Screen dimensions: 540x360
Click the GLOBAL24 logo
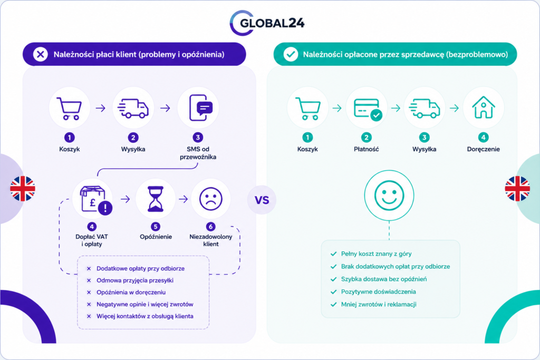click(x=267, y=23)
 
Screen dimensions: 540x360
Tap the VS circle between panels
click(x=262, y=200)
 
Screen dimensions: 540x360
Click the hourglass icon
click(x=156, y=199)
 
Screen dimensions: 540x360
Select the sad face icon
click(x=211, y=199)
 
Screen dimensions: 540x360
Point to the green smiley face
click(x=389, y=195)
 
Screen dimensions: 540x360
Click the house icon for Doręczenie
click(x=484, y=108)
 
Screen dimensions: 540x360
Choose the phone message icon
click(x=200, y=108)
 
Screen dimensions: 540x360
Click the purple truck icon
click(x=133, y=109)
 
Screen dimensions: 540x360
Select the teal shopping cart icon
click(x=308, y=109)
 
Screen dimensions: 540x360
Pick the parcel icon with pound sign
click(x=96, y=200)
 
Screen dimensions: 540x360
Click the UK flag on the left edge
click(x=23, y=189)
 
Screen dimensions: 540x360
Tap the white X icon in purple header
click(x=41, y=54)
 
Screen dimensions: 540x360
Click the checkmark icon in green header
click(x=291, y=54)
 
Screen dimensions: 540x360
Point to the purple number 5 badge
click(x=156, y=227)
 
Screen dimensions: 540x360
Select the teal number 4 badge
click(x=484, y=138)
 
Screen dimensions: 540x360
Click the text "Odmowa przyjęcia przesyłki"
click(x=134, y=280)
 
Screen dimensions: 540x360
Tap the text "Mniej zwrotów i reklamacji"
click(x=379, y=304)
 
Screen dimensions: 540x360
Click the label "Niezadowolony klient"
click(x=211, y=240)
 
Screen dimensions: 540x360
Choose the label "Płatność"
click(x=367, y=149)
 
